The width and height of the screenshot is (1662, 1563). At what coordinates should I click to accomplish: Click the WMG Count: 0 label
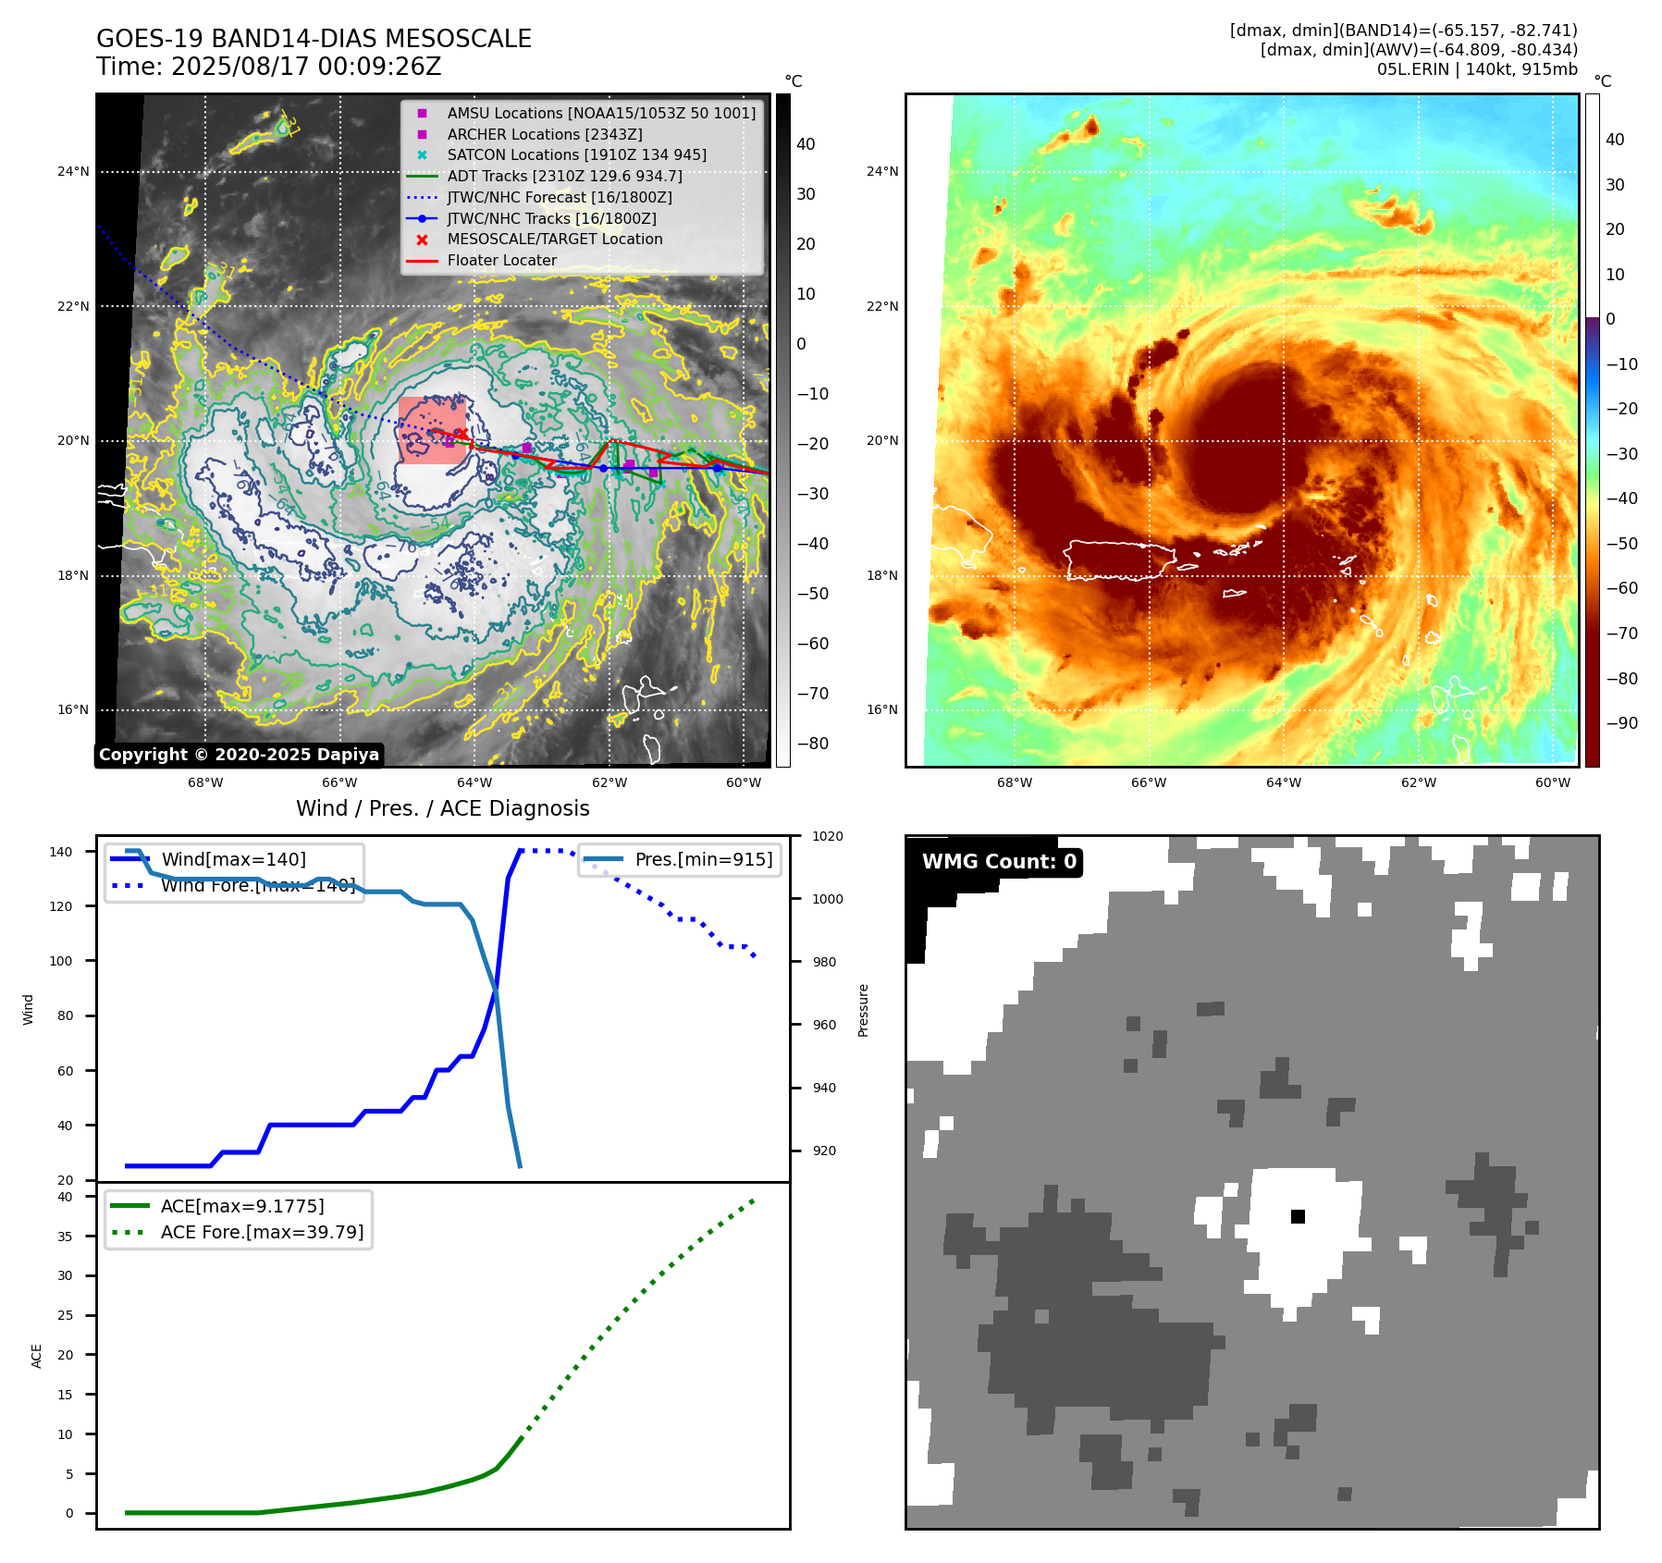999,861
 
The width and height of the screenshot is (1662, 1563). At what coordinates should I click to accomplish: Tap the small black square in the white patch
1298,1216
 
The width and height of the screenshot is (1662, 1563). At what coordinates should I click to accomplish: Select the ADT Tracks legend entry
564,176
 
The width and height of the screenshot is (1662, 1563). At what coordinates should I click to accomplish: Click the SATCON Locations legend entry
576,154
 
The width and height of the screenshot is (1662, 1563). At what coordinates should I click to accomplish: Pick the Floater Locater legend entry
501,260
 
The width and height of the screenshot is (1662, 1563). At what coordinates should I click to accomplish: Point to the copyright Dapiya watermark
239,754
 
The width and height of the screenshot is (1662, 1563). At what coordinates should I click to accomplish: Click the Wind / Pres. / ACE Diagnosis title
442,808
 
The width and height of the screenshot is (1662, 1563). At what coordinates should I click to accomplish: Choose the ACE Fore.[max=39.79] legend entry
262,1232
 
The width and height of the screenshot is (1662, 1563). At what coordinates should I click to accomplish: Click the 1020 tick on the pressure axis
827,836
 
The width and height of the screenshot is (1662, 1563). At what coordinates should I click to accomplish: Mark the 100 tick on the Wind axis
60,961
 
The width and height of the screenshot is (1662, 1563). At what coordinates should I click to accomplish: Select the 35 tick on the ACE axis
65,1236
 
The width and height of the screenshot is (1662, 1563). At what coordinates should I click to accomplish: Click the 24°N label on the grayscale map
73,171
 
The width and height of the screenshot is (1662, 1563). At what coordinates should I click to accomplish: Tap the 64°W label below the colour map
1283,782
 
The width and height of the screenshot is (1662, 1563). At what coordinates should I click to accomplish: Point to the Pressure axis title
863,1010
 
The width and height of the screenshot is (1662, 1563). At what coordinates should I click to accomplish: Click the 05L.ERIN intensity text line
1476,69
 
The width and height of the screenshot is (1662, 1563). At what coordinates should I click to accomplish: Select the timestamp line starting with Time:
268,67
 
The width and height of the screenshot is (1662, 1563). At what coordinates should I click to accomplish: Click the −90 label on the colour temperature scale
1621,723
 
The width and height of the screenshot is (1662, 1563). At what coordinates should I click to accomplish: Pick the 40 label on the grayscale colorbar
806,143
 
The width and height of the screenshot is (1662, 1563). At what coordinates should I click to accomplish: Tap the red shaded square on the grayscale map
432,430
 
